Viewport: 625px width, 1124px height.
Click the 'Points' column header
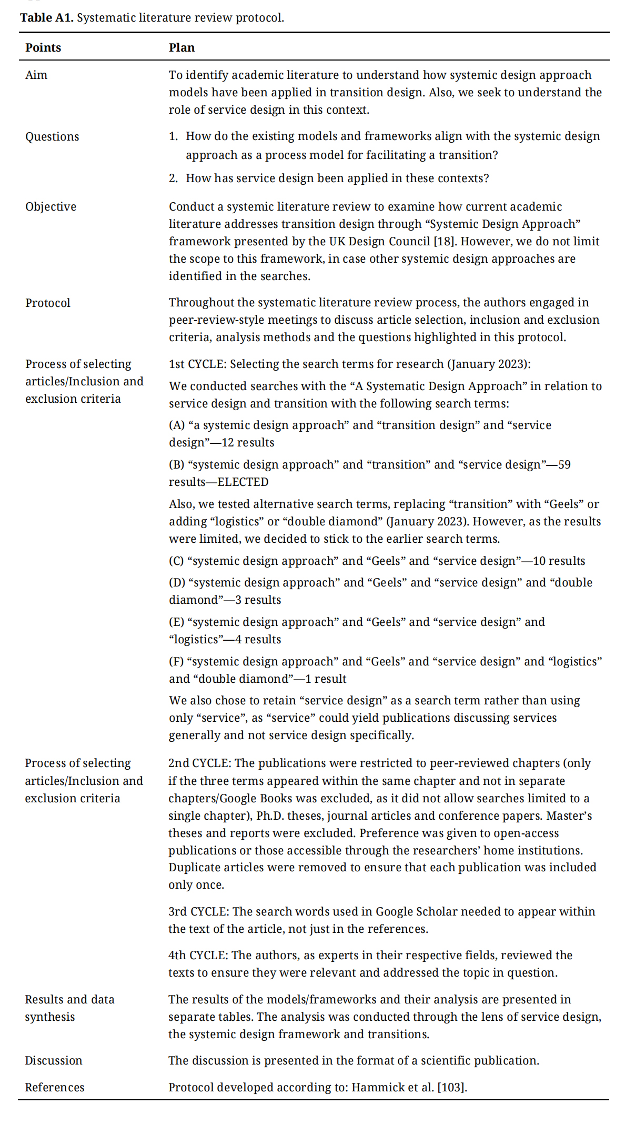click(x=43, y=47)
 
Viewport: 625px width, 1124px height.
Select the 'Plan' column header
click(x=182, y=47)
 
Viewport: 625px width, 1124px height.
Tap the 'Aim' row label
click(x=36, y=75)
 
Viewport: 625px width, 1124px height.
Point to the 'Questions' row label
click(x=52, y=136)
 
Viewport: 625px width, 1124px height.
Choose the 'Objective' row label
click(x=51, y=206)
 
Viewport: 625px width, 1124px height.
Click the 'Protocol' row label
click(x=47, y=303)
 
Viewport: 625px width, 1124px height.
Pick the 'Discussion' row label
click(x=53, y=1060)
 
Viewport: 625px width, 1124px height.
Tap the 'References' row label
click(x=54, y=1087)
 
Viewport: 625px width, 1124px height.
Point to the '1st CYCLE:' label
click(x=197, y=364)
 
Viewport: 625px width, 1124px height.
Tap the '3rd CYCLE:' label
click(x=198, y=911)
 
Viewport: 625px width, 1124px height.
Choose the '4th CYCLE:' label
click(x=198, y=955)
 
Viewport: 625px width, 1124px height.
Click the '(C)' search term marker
click(x=176, y=561)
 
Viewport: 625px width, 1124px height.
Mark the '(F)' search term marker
click(x=176, y=661)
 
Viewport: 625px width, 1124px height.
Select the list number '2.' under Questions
click(x=174, y=178)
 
